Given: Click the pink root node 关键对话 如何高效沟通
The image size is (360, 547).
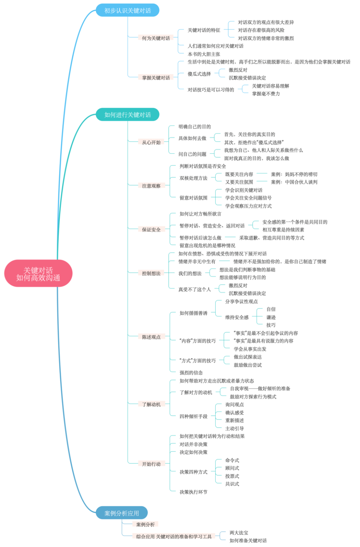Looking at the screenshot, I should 38,274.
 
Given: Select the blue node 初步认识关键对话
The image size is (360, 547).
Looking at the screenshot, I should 127,10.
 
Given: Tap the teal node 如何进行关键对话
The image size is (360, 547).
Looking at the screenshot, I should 127,115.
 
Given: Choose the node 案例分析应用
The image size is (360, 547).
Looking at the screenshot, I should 122,513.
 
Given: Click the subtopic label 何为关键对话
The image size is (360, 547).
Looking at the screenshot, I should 156,38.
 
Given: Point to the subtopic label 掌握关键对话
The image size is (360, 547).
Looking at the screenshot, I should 156,78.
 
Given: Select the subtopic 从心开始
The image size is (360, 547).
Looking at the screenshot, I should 151,142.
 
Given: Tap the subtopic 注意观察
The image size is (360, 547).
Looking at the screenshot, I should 151,186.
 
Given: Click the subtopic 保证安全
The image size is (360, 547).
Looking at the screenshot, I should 151,229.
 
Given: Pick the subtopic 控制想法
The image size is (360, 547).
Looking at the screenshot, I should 151,273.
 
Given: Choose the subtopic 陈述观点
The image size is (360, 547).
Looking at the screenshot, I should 151,337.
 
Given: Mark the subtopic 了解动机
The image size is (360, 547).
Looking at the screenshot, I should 151,405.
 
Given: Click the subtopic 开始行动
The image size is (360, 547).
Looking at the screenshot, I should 151,464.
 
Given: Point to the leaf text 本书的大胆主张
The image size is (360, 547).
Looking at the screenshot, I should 204,54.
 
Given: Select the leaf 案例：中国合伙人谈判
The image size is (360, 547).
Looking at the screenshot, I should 294,182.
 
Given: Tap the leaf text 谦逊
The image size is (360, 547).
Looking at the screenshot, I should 271,317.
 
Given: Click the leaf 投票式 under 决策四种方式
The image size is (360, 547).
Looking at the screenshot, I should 232,476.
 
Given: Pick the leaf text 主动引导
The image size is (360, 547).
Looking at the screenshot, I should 234,429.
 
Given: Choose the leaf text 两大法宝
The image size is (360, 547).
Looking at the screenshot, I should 239,533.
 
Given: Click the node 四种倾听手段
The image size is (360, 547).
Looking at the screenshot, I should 193,417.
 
